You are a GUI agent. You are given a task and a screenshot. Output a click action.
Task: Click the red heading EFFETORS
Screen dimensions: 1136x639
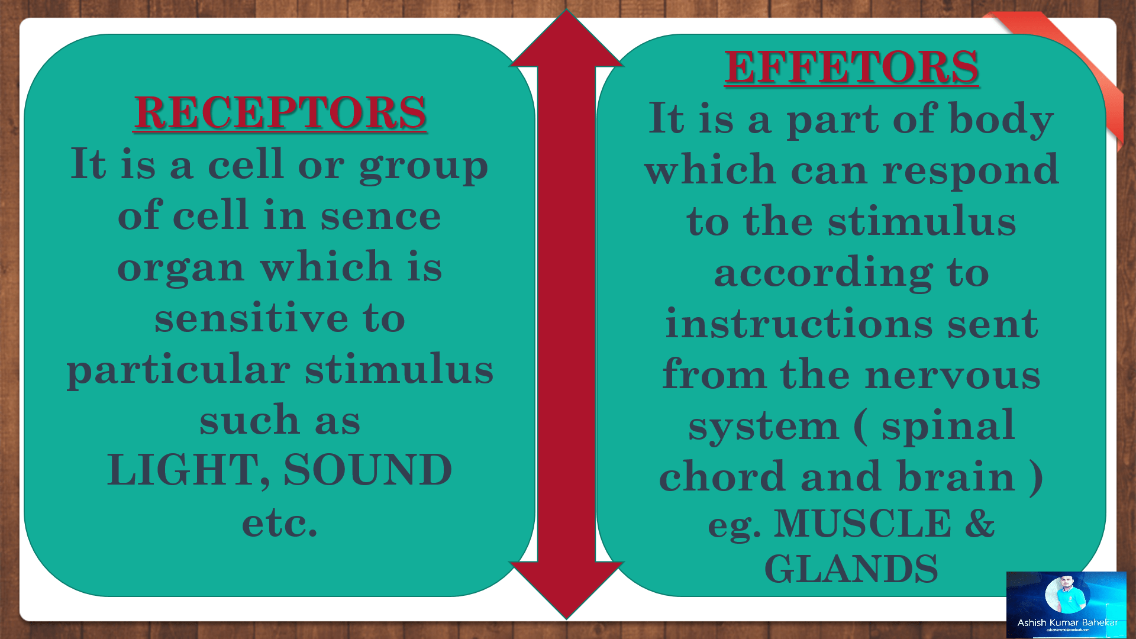point(851,66)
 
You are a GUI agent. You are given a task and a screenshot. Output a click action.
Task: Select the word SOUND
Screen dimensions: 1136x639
point(368,470)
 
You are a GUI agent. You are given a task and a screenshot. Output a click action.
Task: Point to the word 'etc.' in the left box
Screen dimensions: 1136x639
point(280,523)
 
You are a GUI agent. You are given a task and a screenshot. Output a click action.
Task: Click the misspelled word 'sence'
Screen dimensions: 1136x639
point(381,217)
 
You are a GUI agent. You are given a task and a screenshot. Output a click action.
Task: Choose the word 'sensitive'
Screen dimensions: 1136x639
point(251,317)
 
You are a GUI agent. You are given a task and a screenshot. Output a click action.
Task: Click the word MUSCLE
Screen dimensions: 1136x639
point(863,524)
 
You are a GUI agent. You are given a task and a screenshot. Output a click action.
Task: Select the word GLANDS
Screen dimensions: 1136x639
point(851,569)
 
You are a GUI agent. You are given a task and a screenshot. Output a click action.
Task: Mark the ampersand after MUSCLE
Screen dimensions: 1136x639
point(980,524)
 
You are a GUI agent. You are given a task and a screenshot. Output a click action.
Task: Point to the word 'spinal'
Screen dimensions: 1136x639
point(948,426)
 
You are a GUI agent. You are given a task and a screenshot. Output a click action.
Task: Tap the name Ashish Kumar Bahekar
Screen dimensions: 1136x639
point(1067,622)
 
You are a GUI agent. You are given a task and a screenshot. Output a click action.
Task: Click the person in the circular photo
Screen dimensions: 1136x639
point(1066,594)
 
